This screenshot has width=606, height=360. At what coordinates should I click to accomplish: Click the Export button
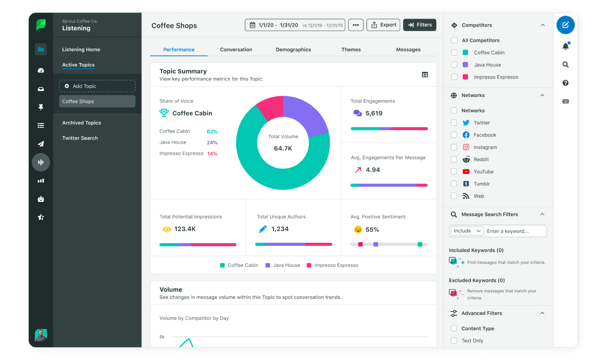point(383,25)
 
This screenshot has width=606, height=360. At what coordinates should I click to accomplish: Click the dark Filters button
point(420,25)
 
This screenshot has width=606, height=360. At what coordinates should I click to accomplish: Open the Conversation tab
point(236,50)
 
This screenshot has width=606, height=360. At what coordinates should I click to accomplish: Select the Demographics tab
point(293,50)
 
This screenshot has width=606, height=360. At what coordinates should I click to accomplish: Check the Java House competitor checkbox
point(454,65)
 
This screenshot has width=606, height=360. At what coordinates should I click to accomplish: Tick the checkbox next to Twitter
point(454,123)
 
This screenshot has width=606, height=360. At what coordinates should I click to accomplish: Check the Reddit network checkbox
point(454,160)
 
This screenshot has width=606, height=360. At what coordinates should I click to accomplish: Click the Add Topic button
point(97,86)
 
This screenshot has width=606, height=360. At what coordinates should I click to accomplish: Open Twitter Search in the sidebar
point(80,138)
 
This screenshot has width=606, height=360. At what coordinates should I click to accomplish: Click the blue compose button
point(565,25)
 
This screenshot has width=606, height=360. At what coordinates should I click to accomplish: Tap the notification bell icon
point(565,46)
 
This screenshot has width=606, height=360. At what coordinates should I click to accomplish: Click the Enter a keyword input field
point(515,231)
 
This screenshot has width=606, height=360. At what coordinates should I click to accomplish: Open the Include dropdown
point(467,231)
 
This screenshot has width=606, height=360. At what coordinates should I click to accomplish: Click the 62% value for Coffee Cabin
point(212,132)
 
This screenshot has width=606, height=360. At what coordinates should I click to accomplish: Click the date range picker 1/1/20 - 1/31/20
point(295,25)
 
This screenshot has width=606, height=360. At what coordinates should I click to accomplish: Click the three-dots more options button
point(356,25)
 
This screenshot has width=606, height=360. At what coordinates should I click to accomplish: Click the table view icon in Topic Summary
point(425,75)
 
